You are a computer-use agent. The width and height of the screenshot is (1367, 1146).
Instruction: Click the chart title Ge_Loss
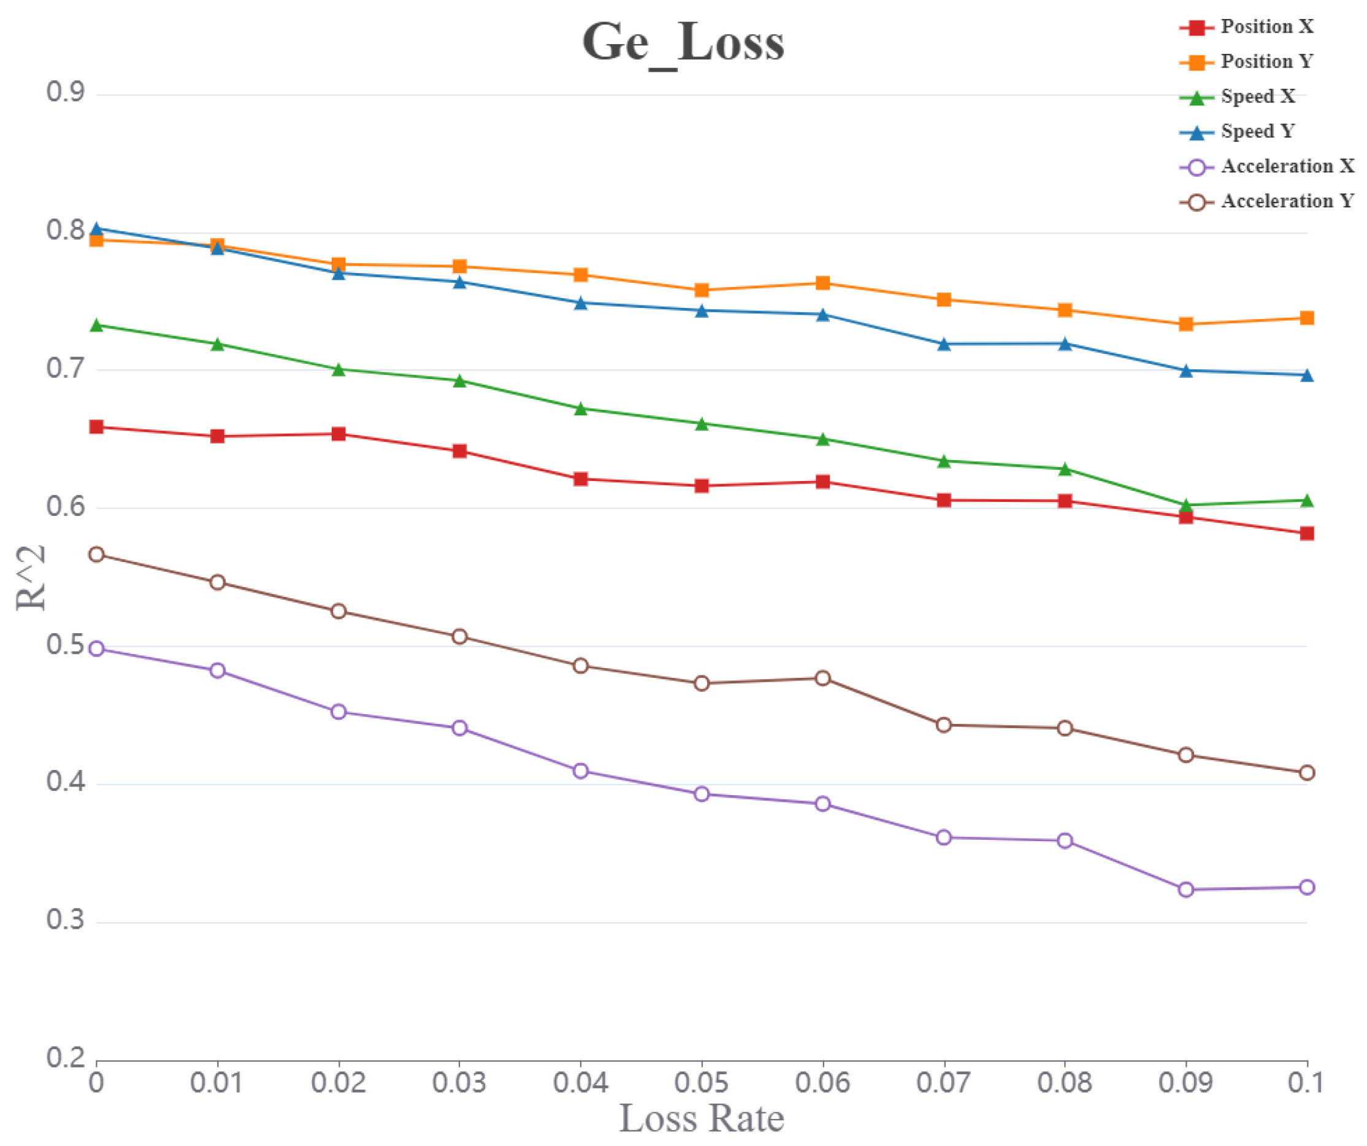point(683,43)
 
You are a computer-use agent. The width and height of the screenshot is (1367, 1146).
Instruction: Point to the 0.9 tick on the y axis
point(65,93)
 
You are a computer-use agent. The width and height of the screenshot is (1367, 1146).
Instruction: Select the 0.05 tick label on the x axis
point(701,1083)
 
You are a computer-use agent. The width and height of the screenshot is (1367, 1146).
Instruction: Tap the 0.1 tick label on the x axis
point(1305,1083)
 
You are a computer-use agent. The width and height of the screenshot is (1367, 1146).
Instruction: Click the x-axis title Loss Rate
point(701,1119)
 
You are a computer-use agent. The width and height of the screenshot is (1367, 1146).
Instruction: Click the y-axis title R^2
point(31,577)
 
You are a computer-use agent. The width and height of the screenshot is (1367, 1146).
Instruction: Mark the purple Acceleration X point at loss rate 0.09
point(1186,890)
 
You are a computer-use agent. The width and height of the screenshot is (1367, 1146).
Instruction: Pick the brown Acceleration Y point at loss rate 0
point(96,555)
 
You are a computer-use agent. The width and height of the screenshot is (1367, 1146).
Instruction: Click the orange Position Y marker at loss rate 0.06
point(823,283)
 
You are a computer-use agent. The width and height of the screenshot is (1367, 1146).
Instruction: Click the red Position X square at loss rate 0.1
point(1306,534)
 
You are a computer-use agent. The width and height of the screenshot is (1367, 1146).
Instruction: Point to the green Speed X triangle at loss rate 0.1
point(1306,501)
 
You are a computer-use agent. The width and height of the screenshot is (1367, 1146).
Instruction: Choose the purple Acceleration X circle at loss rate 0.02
point(339,712)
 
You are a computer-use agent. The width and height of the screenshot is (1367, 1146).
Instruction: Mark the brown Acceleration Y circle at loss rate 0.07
point(944,725)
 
